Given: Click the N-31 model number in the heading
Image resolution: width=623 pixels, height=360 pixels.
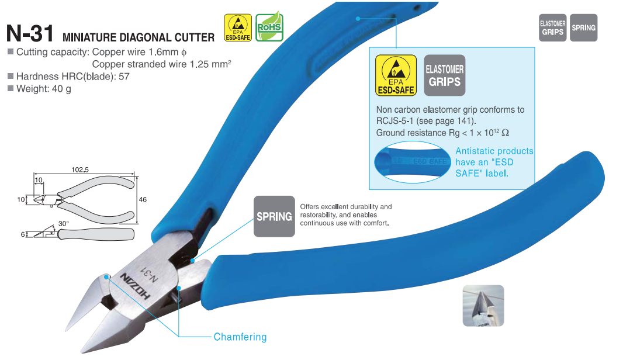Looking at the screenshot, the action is click(x=30, y=34).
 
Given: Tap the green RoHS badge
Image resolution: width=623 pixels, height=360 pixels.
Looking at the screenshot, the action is click(x=269, y=27).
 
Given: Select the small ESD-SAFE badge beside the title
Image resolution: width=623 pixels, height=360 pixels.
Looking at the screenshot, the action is click(x=238, y=27).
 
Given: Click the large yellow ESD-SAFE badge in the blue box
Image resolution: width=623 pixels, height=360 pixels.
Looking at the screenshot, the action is click(x=396, y=75).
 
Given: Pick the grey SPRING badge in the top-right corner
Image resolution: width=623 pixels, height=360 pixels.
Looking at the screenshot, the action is click(x=583, y=27).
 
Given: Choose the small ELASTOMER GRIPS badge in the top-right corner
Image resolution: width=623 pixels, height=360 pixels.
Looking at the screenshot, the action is click(x=552, y=27).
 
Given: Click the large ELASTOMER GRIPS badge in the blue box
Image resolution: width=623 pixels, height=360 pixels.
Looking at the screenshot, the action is click(x=445, y=75).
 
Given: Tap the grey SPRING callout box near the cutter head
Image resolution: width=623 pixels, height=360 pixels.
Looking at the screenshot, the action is click(x=274, y=217).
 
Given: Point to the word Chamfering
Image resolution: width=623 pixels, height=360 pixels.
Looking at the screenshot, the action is click(x=240, y=337).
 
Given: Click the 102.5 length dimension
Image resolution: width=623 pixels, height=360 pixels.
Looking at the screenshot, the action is click(x=79, y=170).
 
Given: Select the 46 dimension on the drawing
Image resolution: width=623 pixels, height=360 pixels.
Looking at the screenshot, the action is click(x=142, y=199).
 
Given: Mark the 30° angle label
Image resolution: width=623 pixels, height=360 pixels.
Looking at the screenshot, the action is click(x=63, y=224).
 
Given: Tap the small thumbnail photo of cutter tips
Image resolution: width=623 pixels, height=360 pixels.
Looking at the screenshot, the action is click(x=483, y=305).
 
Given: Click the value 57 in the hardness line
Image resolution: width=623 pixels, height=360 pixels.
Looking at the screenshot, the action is click(x=124, y=76).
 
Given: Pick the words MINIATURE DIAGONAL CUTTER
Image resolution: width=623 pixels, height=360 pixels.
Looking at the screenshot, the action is click(x=138, y=37).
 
